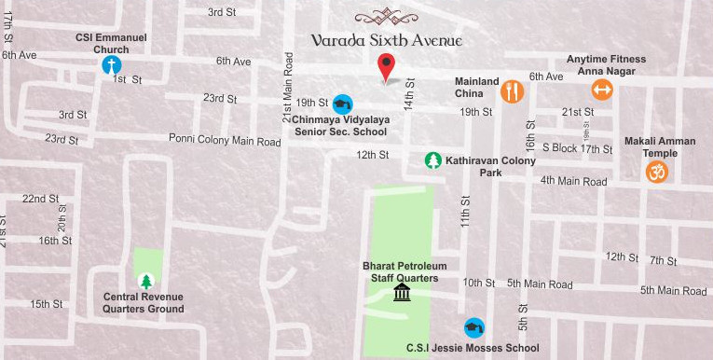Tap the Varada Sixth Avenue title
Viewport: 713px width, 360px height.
click(387, 40)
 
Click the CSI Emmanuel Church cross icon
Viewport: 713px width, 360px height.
click(111, 65)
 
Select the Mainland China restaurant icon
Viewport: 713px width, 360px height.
click(512, 91)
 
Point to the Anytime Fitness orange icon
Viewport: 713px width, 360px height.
click(602, 90)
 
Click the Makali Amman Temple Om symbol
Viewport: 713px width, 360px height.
click(657, 172)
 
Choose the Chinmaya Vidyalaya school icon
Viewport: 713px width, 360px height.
click(343, 104)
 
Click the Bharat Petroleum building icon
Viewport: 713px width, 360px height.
click(403, 294)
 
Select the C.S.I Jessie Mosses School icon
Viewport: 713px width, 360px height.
click(474, 327)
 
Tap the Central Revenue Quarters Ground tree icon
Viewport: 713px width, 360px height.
click(145, 281)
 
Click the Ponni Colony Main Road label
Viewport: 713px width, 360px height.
click(225, 141)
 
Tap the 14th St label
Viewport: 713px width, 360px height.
click(408, 93)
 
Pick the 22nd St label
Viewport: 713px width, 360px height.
click(41, 199)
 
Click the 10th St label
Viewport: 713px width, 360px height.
click(478, 283)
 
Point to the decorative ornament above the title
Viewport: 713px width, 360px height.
click(387, 16)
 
